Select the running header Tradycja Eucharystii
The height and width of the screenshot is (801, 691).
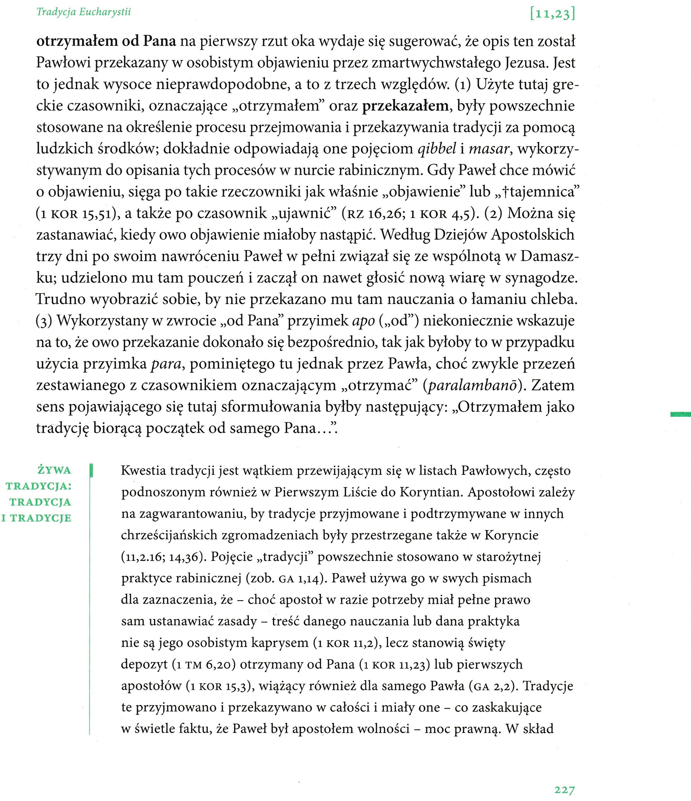84,12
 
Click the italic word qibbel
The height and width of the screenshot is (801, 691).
437,149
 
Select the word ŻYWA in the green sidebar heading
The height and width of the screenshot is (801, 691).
55,470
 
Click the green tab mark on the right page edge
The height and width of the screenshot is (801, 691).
681,414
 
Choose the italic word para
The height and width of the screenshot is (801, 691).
166,364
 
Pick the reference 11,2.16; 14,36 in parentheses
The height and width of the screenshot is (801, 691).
162,557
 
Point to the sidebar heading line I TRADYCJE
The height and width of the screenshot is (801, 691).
37,518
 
